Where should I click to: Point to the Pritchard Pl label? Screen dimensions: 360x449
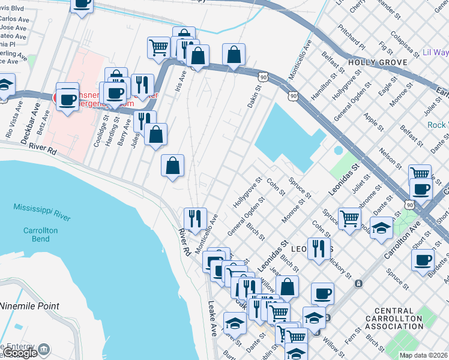(x=351, y=37)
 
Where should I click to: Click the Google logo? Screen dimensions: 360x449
(x=21, y=353)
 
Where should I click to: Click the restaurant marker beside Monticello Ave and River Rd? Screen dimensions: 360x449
(x=194, y=218)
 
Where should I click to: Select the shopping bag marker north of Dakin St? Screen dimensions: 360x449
(x=234, y=55)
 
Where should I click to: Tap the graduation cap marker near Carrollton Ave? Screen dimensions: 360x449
(x=382, y=228)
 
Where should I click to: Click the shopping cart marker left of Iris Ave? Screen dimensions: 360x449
(x=158, y=47)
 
